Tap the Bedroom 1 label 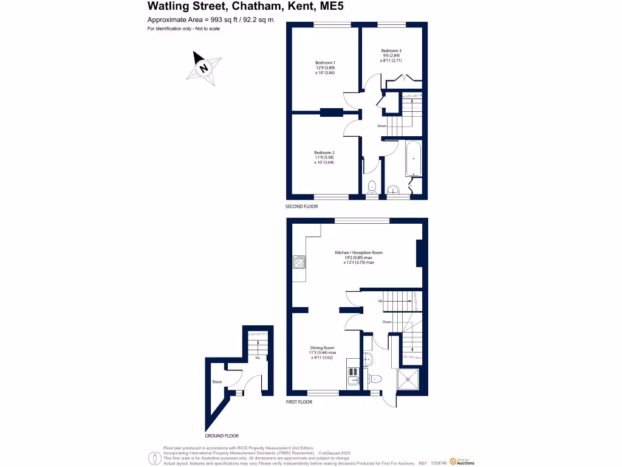point(325,63)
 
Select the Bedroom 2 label point(324,153)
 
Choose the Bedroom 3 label point(391,50)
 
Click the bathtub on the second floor point(414,157)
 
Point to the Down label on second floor point(381,126)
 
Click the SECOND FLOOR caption point(302,207)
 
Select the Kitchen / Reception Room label point(358,252)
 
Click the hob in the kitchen point(299,262)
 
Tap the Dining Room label point(323,347)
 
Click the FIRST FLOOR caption point(299,402)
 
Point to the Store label point(217,382)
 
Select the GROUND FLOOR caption point(221,436)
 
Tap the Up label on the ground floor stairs point(258,358)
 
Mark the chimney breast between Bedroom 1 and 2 point(331,112)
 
